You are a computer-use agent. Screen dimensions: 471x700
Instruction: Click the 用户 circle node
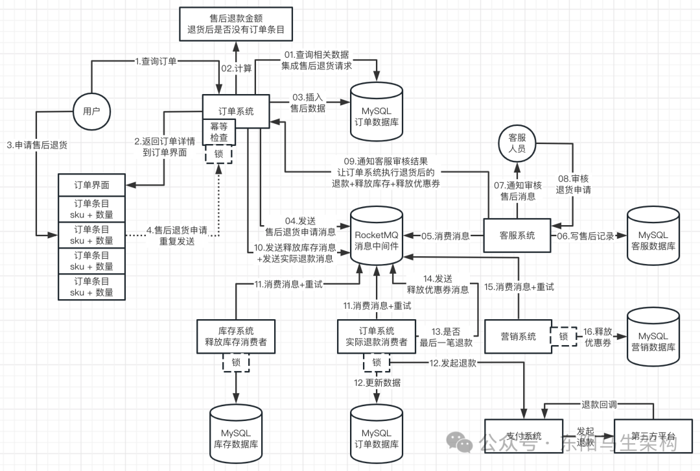pos(91,111)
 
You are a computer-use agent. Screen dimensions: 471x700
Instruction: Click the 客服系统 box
pos(517,235)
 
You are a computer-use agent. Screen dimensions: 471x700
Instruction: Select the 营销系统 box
pos(518,336)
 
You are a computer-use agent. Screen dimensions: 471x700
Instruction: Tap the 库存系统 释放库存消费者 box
pos(235,336)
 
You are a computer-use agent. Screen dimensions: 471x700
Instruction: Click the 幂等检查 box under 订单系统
pos(219,132)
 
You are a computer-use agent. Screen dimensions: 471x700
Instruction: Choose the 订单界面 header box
pos(91,185)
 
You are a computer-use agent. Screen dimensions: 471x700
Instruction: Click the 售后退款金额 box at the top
pos(236,23)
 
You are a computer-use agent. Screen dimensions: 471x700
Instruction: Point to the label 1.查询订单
pos(156,61)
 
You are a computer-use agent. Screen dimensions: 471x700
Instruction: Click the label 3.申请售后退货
pos(38,145)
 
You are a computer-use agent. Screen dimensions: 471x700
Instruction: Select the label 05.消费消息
pos(446,236)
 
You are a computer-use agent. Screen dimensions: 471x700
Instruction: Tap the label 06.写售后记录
pos(585,236)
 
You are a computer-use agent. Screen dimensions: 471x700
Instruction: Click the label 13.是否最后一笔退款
pos(447,337)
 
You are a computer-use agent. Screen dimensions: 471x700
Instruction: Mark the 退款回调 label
pos(598,404)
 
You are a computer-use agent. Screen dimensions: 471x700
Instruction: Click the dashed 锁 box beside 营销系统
pos(563,336)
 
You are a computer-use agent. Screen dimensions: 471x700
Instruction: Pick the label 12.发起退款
pos(452,363)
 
